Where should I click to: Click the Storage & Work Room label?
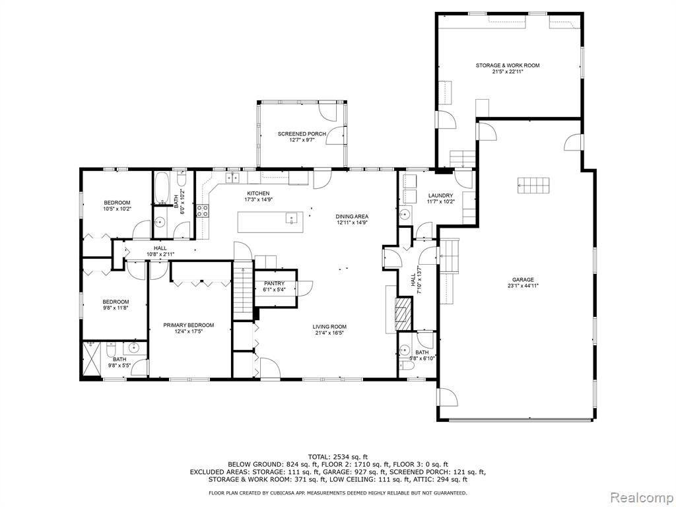508,65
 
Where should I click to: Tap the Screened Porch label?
302,134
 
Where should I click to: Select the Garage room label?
523,280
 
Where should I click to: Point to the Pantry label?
275,283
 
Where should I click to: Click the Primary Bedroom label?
188,325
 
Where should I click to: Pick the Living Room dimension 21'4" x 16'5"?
329,333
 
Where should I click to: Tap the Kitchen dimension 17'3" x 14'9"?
258,199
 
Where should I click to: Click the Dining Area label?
353,217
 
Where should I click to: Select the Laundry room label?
440,195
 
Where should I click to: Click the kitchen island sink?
291,219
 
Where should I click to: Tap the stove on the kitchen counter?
203,210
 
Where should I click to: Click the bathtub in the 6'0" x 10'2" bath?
162,188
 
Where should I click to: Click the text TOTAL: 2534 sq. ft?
338,457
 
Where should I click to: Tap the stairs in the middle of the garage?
533,186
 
